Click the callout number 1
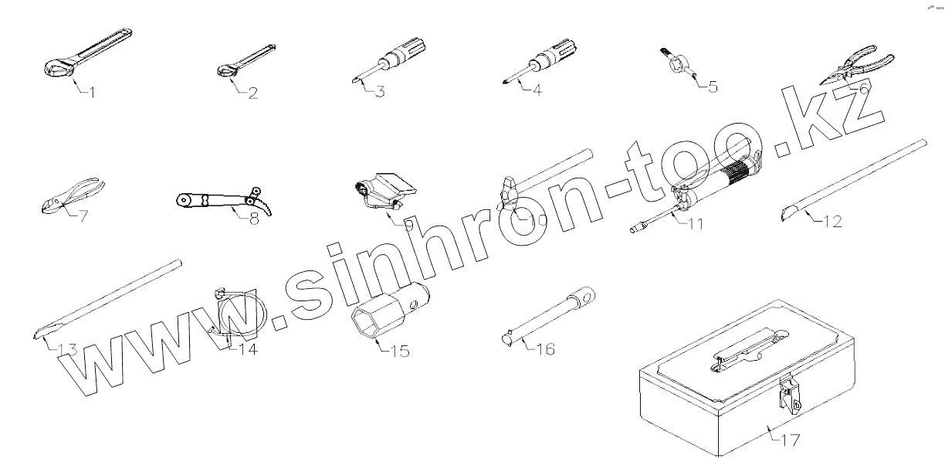click(x=91, y=93)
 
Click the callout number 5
click(x=711, y=87)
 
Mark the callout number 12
click(x=829, y=222)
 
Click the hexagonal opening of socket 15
click(x=365, y=321)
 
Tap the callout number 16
click(x=544, y=349)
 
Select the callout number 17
click(x=789, y=440)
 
